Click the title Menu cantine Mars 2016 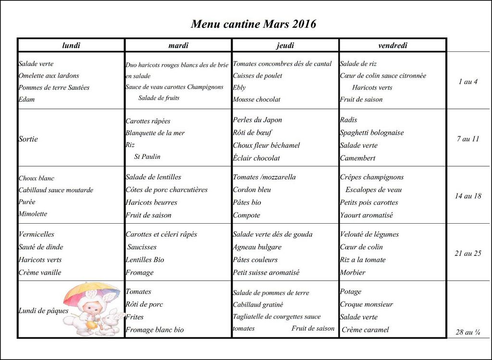[253, 24]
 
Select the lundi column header [71, 46]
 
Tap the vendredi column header [393, 46]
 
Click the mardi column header [178, 46]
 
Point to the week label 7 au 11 [467, 139]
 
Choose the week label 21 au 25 [467, 253]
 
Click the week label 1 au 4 [467, 82]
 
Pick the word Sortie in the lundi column [28, 139]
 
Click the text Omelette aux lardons [49, 76]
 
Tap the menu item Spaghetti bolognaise [371, 133]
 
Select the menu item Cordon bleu [252, 190]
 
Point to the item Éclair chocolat [256, 158]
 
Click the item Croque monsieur [366, 304]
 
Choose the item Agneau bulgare [257, 247]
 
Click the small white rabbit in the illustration [110, 323]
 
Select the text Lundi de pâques [43, 311]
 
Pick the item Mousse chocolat [256, 100]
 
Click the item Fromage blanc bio [154, 330]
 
